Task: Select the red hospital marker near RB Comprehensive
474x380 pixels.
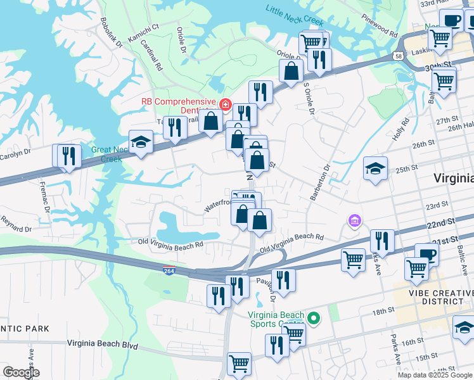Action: click(x=224, y=104)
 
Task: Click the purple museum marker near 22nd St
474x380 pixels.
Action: click(x=354, y=220)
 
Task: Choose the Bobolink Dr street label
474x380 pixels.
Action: click(x=110, y=30)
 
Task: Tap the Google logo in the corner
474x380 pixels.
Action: click(x=21, y=372)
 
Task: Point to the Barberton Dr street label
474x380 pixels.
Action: click(x=321, y=184)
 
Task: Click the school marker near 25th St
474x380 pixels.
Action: click(x=375, y=168)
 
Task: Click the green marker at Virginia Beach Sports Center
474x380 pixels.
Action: click(x=312, y=317)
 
